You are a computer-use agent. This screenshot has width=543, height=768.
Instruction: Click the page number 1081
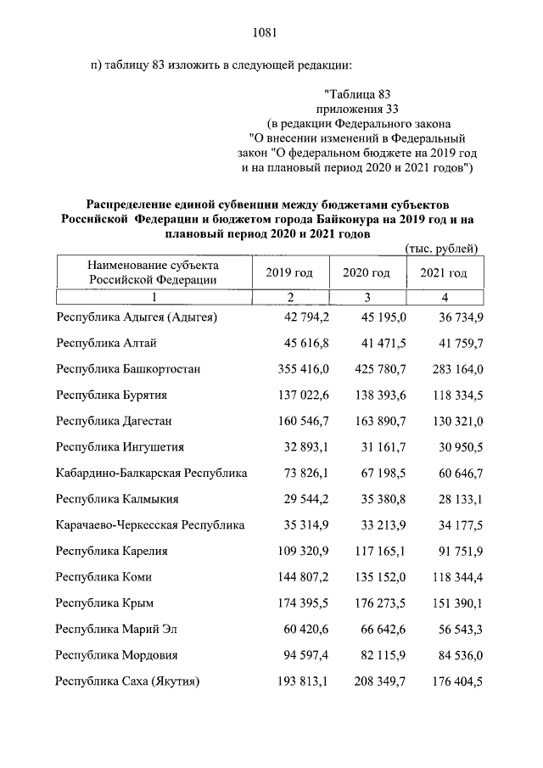[266, 33]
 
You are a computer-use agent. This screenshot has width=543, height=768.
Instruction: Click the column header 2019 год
[289, 272]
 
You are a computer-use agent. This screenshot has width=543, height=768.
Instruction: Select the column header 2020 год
[366, 272]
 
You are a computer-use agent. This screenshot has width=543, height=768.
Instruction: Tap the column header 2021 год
[443, 272]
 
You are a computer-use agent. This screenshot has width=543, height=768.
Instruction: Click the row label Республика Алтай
[106, 343]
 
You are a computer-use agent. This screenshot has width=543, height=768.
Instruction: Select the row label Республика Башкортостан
[128, 369]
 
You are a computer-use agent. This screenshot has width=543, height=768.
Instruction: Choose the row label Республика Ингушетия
[120, 446]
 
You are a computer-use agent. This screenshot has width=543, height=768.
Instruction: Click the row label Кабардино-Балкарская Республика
[151, 473]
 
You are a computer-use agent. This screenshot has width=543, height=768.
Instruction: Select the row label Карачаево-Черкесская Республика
[150, 524]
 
